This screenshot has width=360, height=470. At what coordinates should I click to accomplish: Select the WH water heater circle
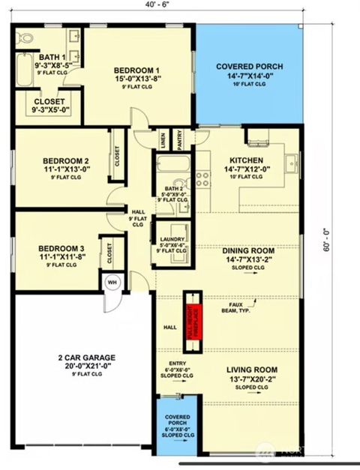111,283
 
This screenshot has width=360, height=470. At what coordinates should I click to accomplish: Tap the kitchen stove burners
202,178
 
